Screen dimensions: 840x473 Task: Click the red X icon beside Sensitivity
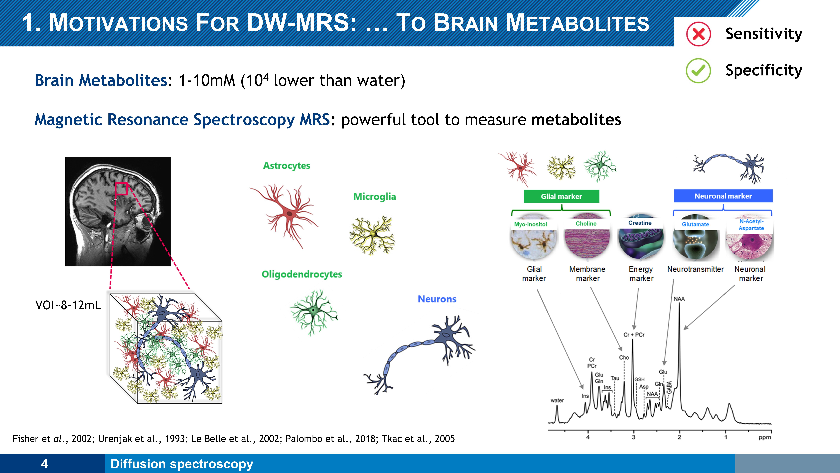coord(698,34)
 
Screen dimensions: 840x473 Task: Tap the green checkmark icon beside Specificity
coord(698,71)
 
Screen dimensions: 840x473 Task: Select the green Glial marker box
coord(561,196)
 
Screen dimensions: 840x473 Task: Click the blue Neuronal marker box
coord(723,196)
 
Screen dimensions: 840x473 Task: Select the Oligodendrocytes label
coord(302,274)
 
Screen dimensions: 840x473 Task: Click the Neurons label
coord(437,299)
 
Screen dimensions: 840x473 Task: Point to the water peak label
coord(557,400)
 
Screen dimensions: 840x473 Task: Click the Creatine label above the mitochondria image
coord(640,223)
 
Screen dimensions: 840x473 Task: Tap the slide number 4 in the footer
coord(45,464)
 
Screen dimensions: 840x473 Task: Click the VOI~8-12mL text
coord(68,305)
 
